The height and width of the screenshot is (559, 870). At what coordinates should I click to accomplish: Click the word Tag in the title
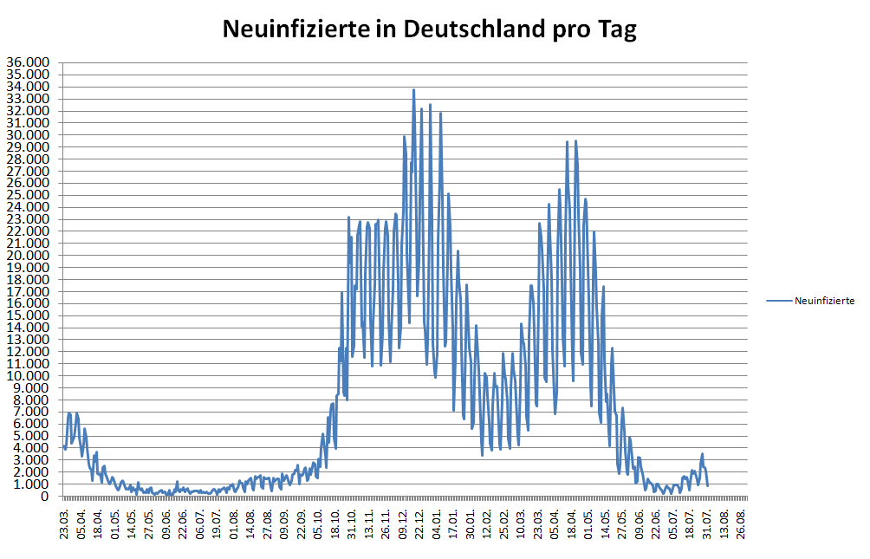coord(617,29)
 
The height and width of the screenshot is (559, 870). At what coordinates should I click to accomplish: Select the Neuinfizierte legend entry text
coord(824,301)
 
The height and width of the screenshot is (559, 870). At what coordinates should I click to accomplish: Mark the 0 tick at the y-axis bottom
coord(44,497)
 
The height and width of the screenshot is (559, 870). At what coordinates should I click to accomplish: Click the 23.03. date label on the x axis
coord(66,525)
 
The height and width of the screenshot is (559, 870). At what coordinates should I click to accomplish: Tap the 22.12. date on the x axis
coord(420,525)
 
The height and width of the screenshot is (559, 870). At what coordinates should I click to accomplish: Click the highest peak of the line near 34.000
coord(413,90)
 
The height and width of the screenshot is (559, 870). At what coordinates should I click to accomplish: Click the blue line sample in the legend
coord(779,301)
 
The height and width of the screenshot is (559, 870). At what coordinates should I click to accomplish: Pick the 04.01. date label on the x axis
coord(438,525)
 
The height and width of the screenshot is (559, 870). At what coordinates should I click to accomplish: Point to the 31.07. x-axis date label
coord(707,525)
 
